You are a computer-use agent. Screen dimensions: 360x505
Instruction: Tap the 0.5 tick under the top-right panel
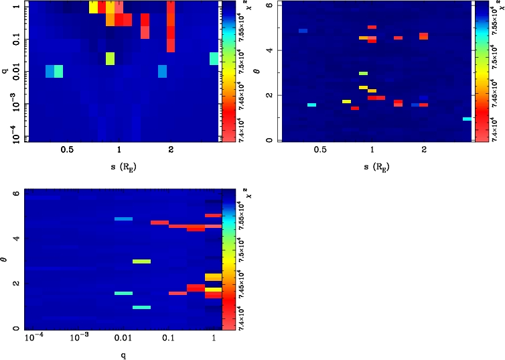(x=319, y=150)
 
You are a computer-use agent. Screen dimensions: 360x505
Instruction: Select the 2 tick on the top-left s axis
(x=171, y=150)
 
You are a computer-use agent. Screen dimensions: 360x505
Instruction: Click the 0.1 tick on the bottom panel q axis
(x=169, y=339)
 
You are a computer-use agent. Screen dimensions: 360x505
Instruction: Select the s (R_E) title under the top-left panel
(x=119, y=166)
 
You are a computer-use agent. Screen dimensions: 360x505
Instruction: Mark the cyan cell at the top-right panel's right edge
(x=467, y=119)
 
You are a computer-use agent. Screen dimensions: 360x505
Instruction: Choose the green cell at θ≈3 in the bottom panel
(x=141, y=261)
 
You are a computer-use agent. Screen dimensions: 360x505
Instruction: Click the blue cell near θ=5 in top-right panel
(x=303, y=31)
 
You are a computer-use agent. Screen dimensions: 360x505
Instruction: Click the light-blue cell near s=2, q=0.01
(x=162, y=71)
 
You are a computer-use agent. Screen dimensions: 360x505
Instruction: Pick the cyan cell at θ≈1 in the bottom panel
(x=141, y=308)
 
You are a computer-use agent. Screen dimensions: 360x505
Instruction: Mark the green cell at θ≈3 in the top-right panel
(x=363, y=73)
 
